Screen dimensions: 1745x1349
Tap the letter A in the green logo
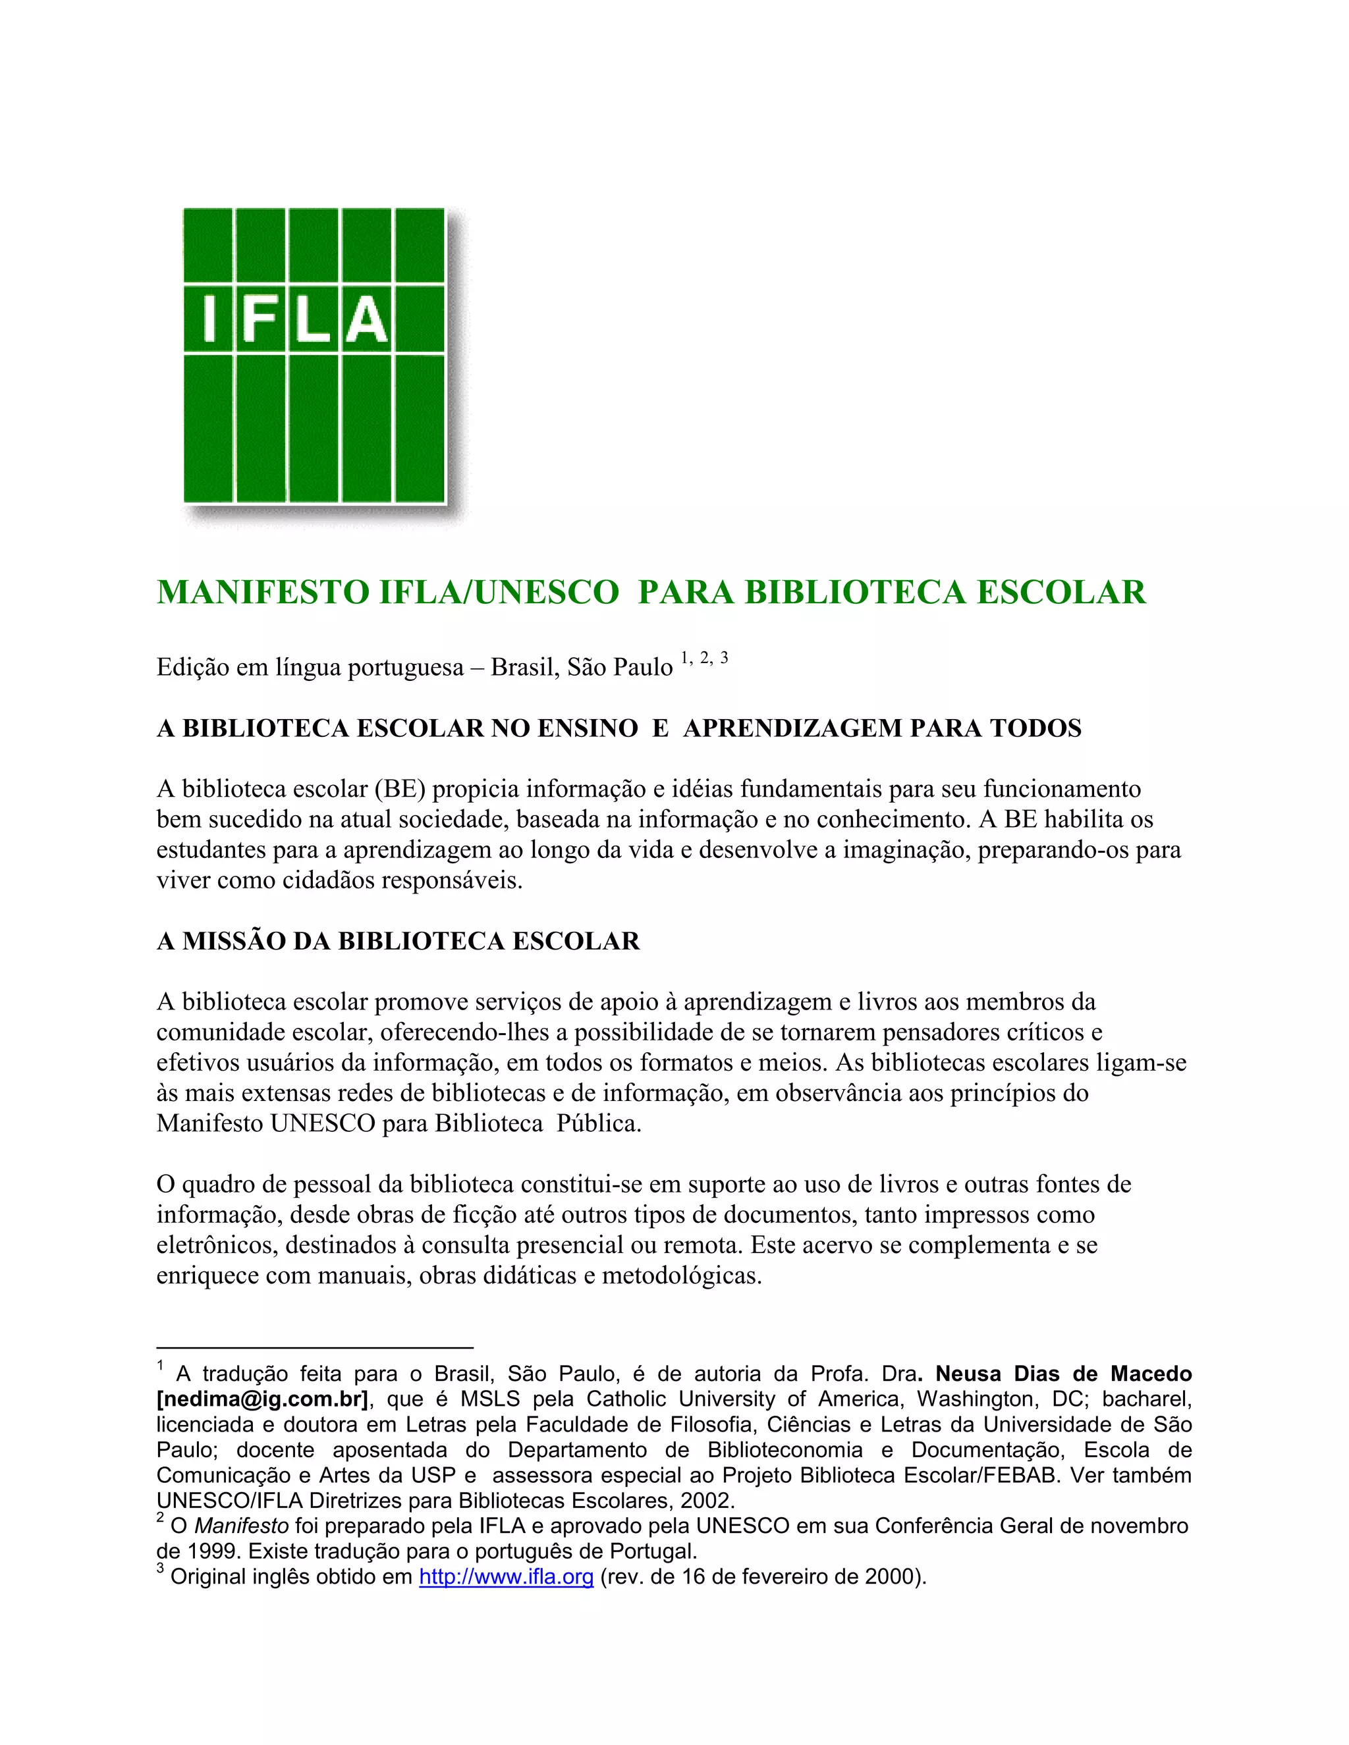[368, 319]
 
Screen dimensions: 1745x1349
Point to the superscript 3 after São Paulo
[724, 658]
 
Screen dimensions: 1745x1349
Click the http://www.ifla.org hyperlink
[506, 1576]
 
